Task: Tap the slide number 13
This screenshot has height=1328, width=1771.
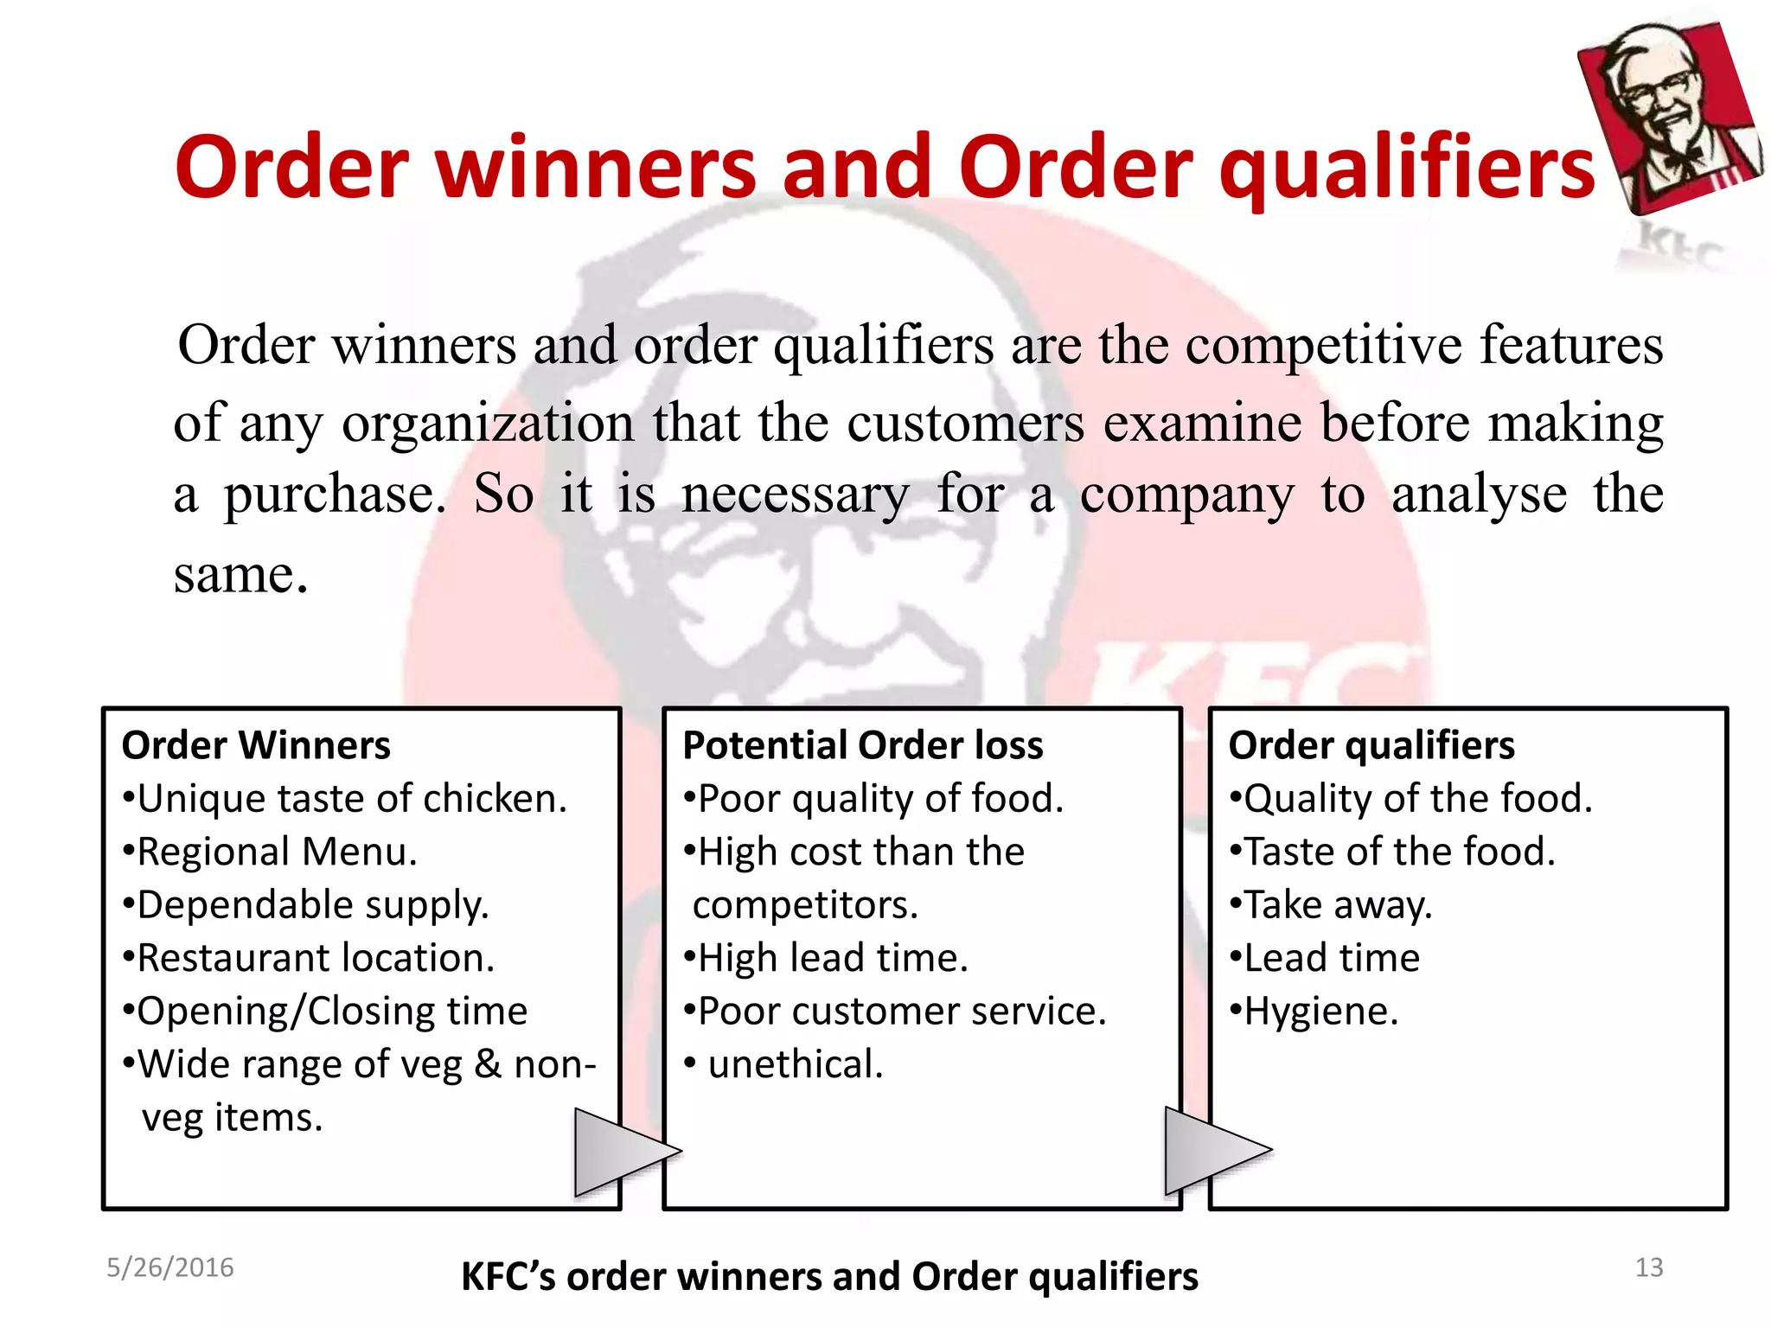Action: tap(1648, 1267)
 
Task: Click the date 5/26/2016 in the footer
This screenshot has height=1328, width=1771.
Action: tap(169, 1267)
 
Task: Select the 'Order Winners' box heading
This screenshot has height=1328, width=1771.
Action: tap(256, 745)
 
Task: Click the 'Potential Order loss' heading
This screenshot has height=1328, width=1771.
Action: tap(862, 745)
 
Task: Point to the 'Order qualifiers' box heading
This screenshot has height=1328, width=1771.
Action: tap(1371, 745)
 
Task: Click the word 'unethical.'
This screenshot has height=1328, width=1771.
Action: tap(796, 1065)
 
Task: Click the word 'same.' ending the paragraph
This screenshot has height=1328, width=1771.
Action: tap(240, 574)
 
